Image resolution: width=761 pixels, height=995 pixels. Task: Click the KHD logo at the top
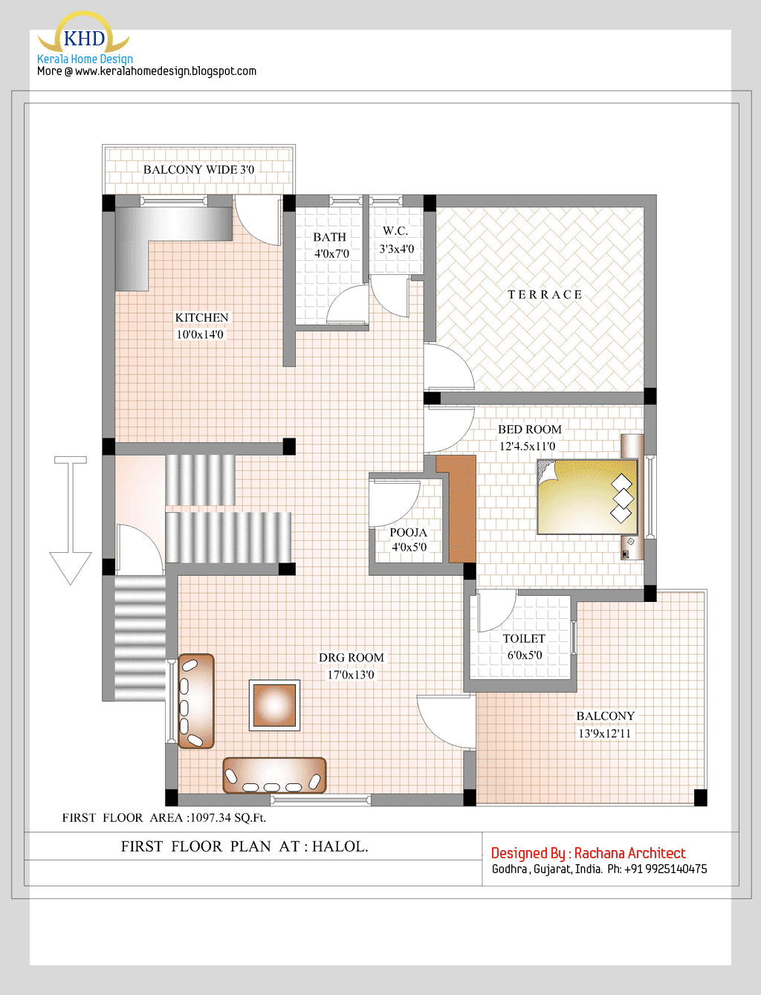point(84,37)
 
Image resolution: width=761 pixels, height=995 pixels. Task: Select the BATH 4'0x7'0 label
point(331,245)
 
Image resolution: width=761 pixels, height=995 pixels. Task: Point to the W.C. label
point(395,231)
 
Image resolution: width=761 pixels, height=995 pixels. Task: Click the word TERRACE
point(545,295)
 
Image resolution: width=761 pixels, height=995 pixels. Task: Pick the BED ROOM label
point(529,430)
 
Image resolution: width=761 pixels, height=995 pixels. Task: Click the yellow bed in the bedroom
point(587,496)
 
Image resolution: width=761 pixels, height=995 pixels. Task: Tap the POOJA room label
point(408,533)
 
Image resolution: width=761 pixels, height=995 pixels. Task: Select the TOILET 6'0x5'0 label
point(524,646)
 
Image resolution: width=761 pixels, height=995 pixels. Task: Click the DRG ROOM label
point(351,658)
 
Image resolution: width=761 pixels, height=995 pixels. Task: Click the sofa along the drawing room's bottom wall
point(274,775)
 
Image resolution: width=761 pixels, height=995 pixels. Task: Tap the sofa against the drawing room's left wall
point(196,701)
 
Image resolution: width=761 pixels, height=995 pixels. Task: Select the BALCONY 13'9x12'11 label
point(605,725)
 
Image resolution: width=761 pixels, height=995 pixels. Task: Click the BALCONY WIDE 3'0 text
point(198,169)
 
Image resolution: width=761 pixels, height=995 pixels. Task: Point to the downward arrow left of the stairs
point(71,520)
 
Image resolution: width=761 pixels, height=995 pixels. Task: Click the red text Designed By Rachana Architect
point(588,853)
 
